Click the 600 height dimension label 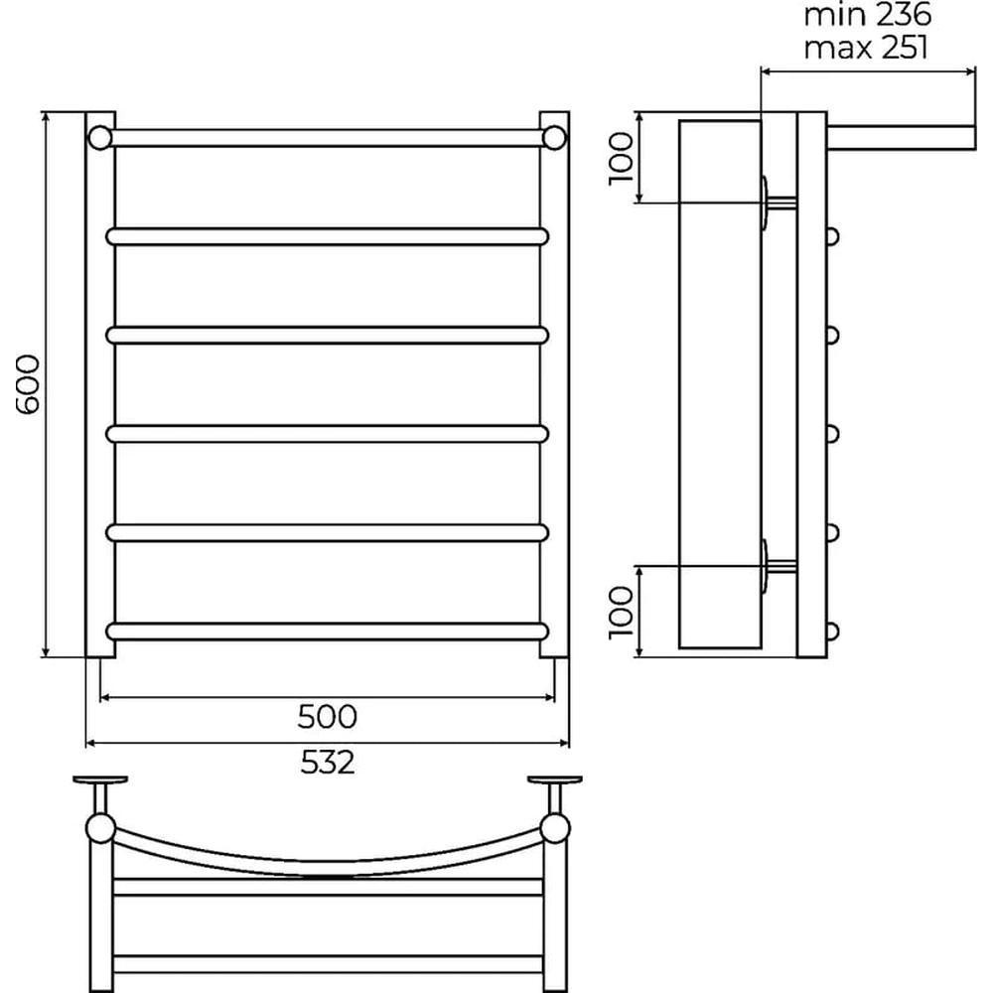[x=27, y=384]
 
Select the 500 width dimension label [x=328, y=717]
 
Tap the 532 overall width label [x=328, y=763]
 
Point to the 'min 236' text [x=868, y=15]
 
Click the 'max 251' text [x=866, y=47]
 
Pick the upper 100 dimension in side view [x=622, y=158]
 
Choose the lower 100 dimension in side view [x=622, y=612]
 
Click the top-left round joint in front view [x=100, y=137]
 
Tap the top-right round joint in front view [x=554, y=137]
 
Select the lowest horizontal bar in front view [x=328, y=632]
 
